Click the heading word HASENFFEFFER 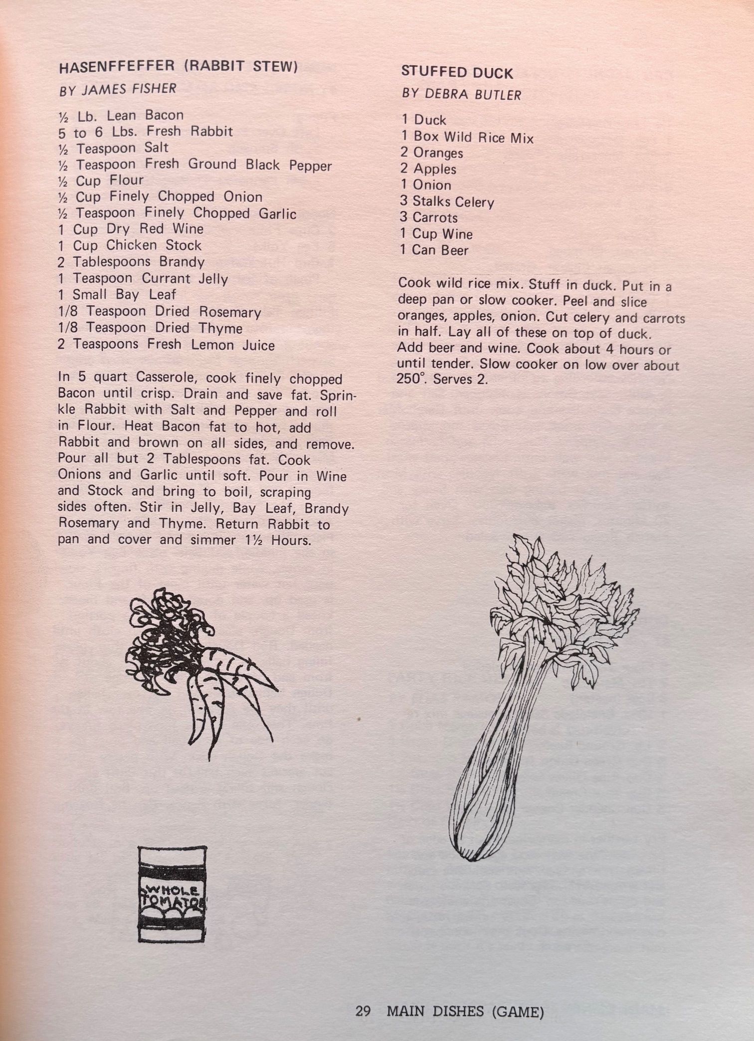point(117,67)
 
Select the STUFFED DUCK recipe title point(457,73)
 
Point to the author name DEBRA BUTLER point(473,94)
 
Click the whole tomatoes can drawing point(171,894)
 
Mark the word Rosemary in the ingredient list point(230,312)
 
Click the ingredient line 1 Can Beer point(434,250)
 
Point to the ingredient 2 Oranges point(432,153)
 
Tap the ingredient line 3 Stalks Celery point(447,202)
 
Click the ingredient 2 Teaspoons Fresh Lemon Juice point(166,345)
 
